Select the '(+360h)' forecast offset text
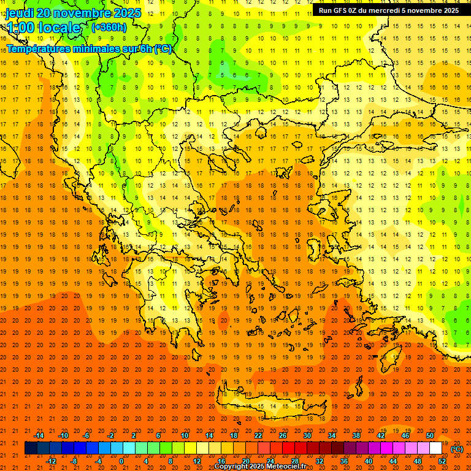tap(109, 28)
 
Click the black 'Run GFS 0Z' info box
tap(388, 10)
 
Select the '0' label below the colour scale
tap(122, 461)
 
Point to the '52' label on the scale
tap(442, 461)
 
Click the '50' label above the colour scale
tap(429, 435)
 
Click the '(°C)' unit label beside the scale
tap(456, 449)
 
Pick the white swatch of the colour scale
tap(435, 448)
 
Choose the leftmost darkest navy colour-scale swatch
tap(31, 448)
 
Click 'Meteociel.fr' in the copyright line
tap(285, 467)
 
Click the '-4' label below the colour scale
tap(98, 461)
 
